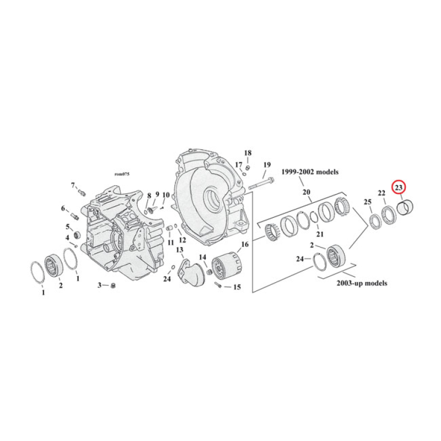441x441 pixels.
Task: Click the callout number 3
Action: click(x=100, y=285)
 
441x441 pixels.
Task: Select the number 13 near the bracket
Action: click(x=179, y=250)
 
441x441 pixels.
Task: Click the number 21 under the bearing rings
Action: click(x=320, y=235)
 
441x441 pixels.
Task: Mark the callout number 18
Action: click(x=248, y=153)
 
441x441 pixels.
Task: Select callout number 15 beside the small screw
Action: click(x=237, y=287)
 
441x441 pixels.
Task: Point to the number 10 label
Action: click(x=165, y=195)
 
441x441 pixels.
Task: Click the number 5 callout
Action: click(x=68, y=227)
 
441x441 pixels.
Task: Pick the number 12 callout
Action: click(x=182, y=241)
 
